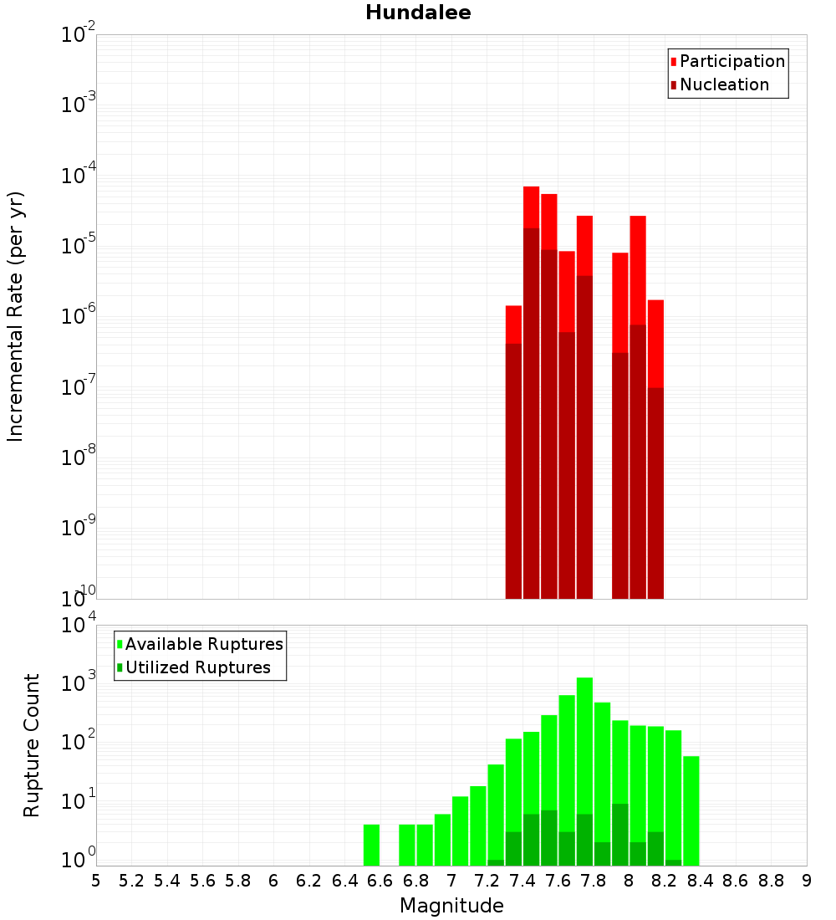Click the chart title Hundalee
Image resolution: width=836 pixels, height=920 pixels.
(418, 13)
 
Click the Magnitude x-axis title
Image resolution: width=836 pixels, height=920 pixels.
(451, 906)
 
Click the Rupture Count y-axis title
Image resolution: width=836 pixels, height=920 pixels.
(32, 744)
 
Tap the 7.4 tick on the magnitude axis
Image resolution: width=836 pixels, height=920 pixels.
(522, 881)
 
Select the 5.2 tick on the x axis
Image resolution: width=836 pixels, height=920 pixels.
(131, 881)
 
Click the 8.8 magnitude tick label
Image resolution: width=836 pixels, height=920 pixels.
(771, 881)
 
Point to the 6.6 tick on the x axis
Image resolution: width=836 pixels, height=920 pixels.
(380, 881)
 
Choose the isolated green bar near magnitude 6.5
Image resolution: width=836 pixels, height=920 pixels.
(372, 845)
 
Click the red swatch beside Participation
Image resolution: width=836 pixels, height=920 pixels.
(673, 62)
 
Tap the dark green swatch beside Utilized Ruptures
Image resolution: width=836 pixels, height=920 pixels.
(120, 667)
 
